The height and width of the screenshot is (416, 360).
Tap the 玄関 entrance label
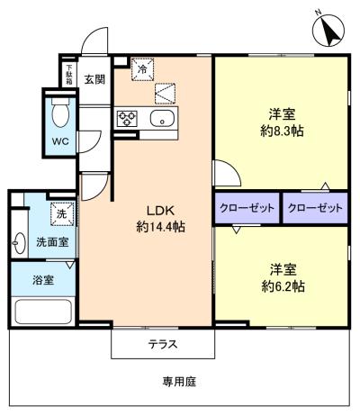95,78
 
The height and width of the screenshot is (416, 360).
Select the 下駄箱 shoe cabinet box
67,74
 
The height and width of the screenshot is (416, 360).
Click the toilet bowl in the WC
59,113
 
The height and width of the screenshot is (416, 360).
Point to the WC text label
59,142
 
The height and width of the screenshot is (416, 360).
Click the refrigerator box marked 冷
142,68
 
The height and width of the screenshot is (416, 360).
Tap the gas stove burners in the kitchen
125,119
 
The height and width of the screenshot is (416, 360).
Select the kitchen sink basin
166,119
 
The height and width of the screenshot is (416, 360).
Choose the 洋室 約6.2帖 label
279,277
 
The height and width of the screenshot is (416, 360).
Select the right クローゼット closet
315,208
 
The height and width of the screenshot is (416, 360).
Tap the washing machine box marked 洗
60,214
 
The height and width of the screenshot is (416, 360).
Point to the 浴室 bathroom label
43,279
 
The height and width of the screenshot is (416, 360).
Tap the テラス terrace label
163,344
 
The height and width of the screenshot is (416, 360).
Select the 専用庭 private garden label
180,381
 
